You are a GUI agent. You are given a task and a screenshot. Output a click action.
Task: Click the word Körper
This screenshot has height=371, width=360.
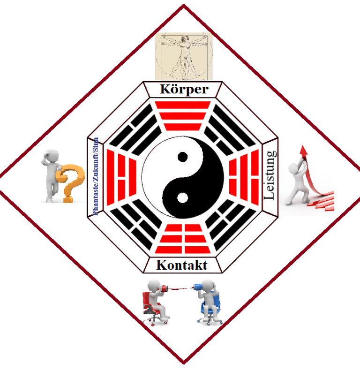(x=184, y=89)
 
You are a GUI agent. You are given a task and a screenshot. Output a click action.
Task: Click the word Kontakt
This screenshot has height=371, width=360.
(x=182, y=265)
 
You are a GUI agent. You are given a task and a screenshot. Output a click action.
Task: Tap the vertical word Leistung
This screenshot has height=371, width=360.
(x=270, y=175)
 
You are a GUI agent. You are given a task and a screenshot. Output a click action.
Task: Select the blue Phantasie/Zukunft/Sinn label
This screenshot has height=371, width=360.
(x=96, y=176)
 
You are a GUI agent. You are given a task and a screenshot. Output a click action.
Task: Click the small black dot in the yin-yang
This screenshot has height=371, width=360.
(x=183, y=157)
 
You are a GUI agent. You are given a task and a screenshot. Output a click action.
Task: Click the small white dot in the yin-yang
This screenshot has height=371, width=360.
(x=182, y=198)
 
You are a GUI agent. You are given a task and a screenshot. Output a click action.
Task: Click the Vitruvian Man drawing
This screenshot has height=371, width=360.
(x=184, y=56)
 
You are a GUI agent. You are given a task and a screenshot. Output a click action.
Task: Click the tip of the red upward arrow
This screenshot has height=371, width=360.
(x=303, y=146)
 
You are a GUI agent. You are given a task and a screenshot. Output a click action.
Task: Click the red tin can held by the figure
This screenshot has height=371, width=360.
(x=164, y=288)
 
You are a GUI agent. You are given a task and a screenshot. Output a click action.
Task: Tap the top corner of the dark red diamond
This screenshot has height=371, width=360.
(x=184, y=5)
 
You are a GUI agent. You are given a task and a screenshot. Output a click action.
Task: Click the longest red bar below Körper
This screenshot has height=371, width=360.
(x=183, y=105)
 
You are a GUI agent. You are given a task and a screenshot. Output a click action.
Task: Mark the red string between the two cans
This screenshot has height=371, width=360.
(x=180, y=288)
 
